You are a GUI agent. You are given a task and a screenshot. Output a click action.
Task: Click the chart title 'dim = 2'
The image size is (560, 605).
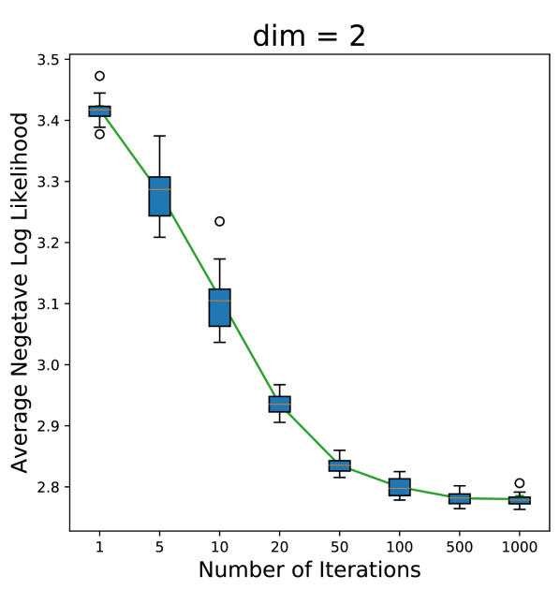coord(308,36)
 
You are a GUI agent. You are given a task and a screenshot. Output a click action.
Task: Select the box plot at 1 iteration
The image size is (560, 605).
coord(99,111)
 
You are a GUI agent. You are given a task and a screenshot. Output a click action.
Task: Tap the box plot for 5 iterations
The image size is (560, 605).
coord(159,196)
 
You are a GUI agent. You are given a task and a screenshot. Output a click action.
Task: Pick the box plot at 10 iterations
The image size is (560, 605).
coord(219,307)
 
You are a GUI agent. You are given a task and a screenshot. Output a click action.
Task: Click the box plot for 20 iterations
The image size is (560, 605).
coord(279,404)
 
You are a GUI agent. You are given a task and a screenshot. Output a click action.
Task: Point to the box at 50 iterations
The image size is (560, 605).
coord(339,465)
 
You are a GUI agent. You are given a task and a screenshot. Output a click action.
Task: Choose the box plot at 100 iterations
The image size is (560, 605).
coord(399,487)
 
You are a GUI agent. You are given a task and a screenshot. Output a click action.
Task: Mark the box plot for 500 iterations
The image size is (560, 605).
coord(459,498)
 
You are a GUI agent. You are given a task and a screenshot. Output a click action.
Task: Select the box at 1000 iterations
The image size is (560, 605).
coord(519,500)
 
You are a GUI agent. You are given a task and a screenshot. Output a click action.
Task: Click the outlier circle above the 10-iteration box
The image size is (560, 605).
coord(219,222)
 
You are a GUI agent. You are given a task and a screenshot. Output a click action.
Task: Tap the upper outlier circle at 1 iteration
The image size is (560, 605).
coord(99,76)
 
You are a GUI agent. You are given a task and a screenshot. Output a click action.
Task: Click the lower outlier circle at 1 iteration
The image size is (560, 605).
coord(99,134)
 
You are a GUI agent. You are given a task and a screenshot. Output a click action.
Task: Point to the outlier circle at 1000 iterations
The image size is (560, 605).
coord(519,483)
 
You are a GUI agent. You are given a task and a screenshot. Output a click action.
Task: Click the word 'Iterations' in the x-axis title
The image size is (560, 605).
coord(369,569)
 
